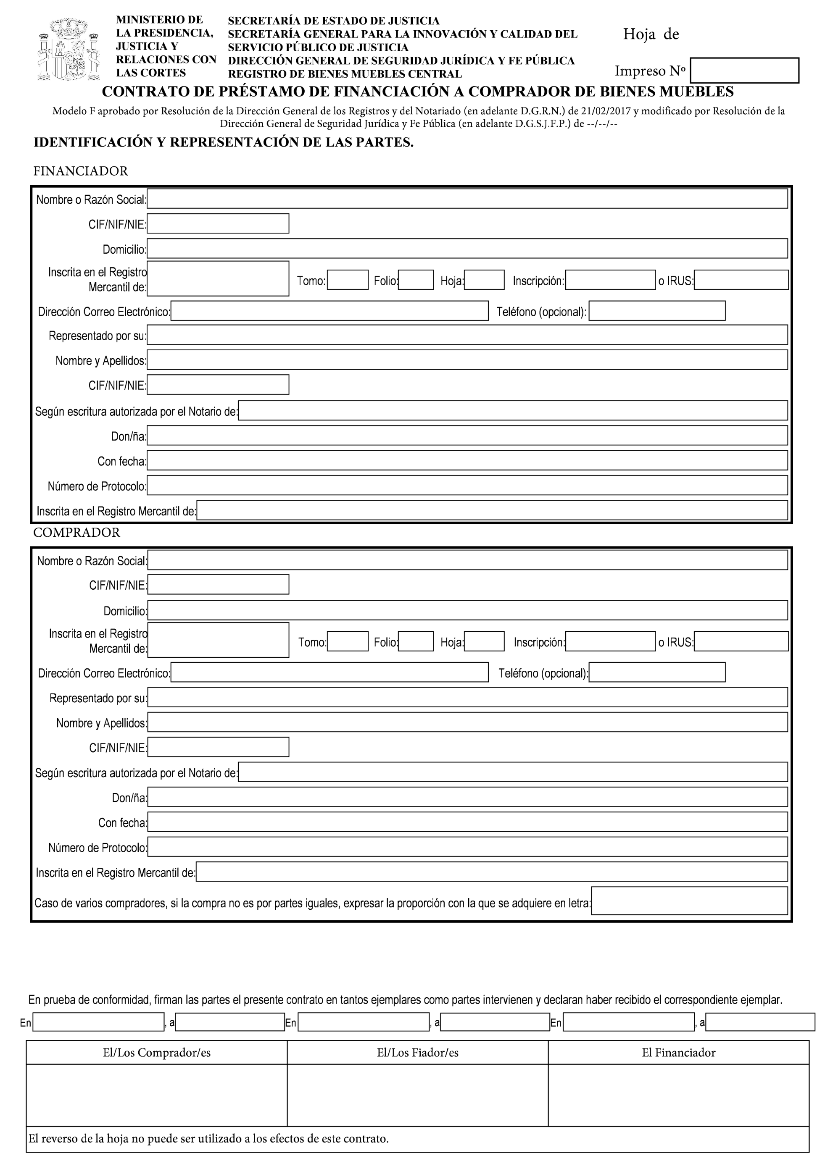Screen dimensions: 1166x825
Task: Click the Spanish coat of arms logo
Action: pyautogui.click(x=69, y=49)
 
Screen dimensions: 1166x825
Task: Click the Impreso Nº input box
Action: pyautogui.click(x=744, y=70)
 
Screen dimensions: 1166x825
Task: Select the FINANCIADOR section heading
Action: pyautogui.click(x=80, y=171)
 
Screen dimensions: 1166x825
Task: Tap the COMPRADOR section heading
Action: pyautogui.click(x=77, y=532)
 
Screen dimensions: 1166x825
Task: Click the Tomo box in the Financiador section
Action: pyautogui.click(x=348, y=280)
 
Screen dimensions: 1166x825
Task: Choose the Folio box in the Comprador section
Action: pyautogui.click(x=416, y=641)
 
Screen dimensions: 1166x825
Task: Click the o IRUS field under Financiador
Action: pyautogui.click(x=741, y=280)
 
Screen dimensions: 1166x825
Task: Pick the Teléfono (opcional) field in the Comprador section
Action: pyautogui.click(x=657, y=672)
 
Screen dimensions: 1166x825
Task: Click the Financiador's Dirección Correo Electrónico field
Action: pyautogui.click(x=329, y=311)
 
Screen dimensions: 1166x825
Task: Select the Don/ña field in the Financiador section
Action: pyautogui.click(x=467, y=435)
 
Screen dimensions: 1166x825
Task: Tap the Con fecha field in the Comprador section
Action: pyautogui.click(x=467, y=822)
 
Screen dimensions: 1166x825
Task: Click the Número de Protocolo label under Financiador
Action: pyautogui.click(x=97, y=486)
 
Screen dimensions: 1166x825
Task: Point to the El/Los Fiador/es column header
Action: pyautogui.click(x=418, y=1053)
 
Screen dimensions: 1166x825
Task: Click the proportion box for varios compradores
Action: pyautogui.click(x=689, y=901)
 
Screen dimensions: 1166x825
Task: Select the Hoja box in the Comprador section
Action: pyautogui.click(x=484, y=641)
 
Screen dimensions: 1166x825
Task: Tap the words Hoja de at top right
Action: pyautogui.click(x=651, y=34)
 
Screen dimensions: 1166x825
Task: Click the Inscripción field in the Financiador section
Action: pyautogui.click(x=610, y=280)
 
